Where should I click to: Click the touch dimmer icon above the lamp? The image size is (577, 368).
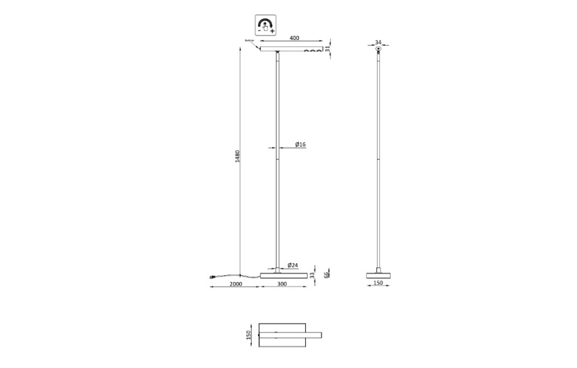266,25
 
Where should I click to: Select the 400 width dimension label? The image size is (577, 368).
294,38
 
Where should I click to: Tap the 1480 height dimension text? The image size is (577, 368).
237,157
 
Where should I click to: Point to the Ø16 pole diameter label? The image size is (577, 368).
300,144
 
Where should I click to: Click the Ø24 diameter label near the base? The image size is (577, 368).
292,264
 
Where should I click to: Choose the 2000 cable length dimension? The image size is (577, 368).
235,284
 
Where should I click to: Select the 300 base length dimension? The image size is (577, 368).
283,284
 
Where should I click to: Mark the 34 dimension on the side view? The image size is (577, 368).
378,43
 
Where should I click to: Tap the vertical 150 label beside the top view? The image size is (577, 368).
249,335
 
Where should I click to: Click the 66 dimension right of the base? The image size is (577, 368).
326,273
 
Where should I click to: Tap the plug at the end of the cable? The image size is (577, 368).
212,277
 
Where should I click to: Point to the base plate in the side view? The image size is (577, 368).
379,275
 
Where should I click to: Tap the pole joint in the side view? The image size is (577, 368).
379,159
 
